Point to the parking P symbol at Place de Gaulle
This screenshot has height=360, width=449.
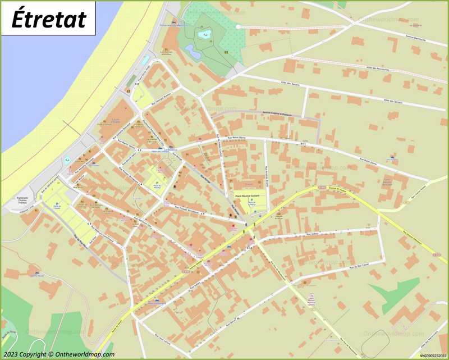pos(57,204)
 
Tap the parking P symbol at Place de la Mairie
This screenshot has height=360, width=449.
pos(251,200)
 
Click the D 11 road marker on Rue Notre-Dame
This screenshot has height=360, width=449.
pos(304,144)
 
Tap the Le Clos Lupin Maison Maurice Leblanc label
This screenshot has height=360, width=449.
pos(311,300)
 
